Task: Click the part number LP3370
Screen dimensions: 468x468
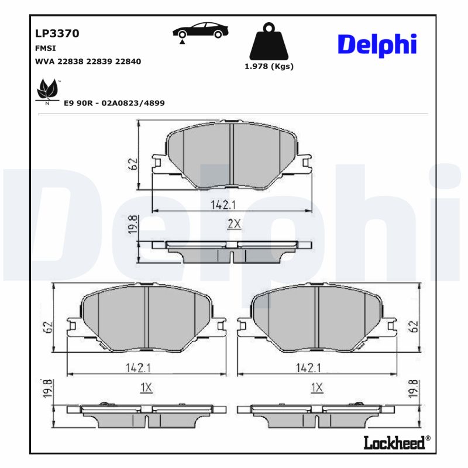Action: coord(57,33)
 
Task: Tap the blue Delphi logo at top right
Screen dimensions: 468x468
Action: coord(377,44)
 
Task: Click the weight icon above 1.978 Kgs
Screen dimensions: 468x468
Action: coord(269,41)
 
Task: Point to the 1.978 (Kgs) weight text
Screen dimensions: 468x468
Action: coord(269,66)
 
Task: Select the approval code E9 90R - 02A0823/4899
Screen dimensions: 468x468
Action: coord(114,103)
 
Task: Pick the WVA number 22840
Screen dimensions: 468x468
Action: coord(128,61)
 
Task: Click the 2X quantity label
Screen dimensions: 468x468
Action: coord(234,223)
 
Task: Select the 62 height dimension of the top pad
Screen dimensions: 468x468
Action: coord(133,163)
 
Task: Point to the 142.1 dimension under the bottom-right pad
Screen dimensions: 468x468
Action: coord(308,367)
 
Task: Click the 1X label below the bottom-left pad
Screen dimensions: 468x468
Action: coord(146,387)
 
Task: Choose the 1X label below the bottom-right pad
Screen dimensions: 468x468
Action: coord(317,387)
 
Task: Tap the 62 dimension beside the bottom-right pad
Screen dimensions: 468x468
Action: coord(414,326)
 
